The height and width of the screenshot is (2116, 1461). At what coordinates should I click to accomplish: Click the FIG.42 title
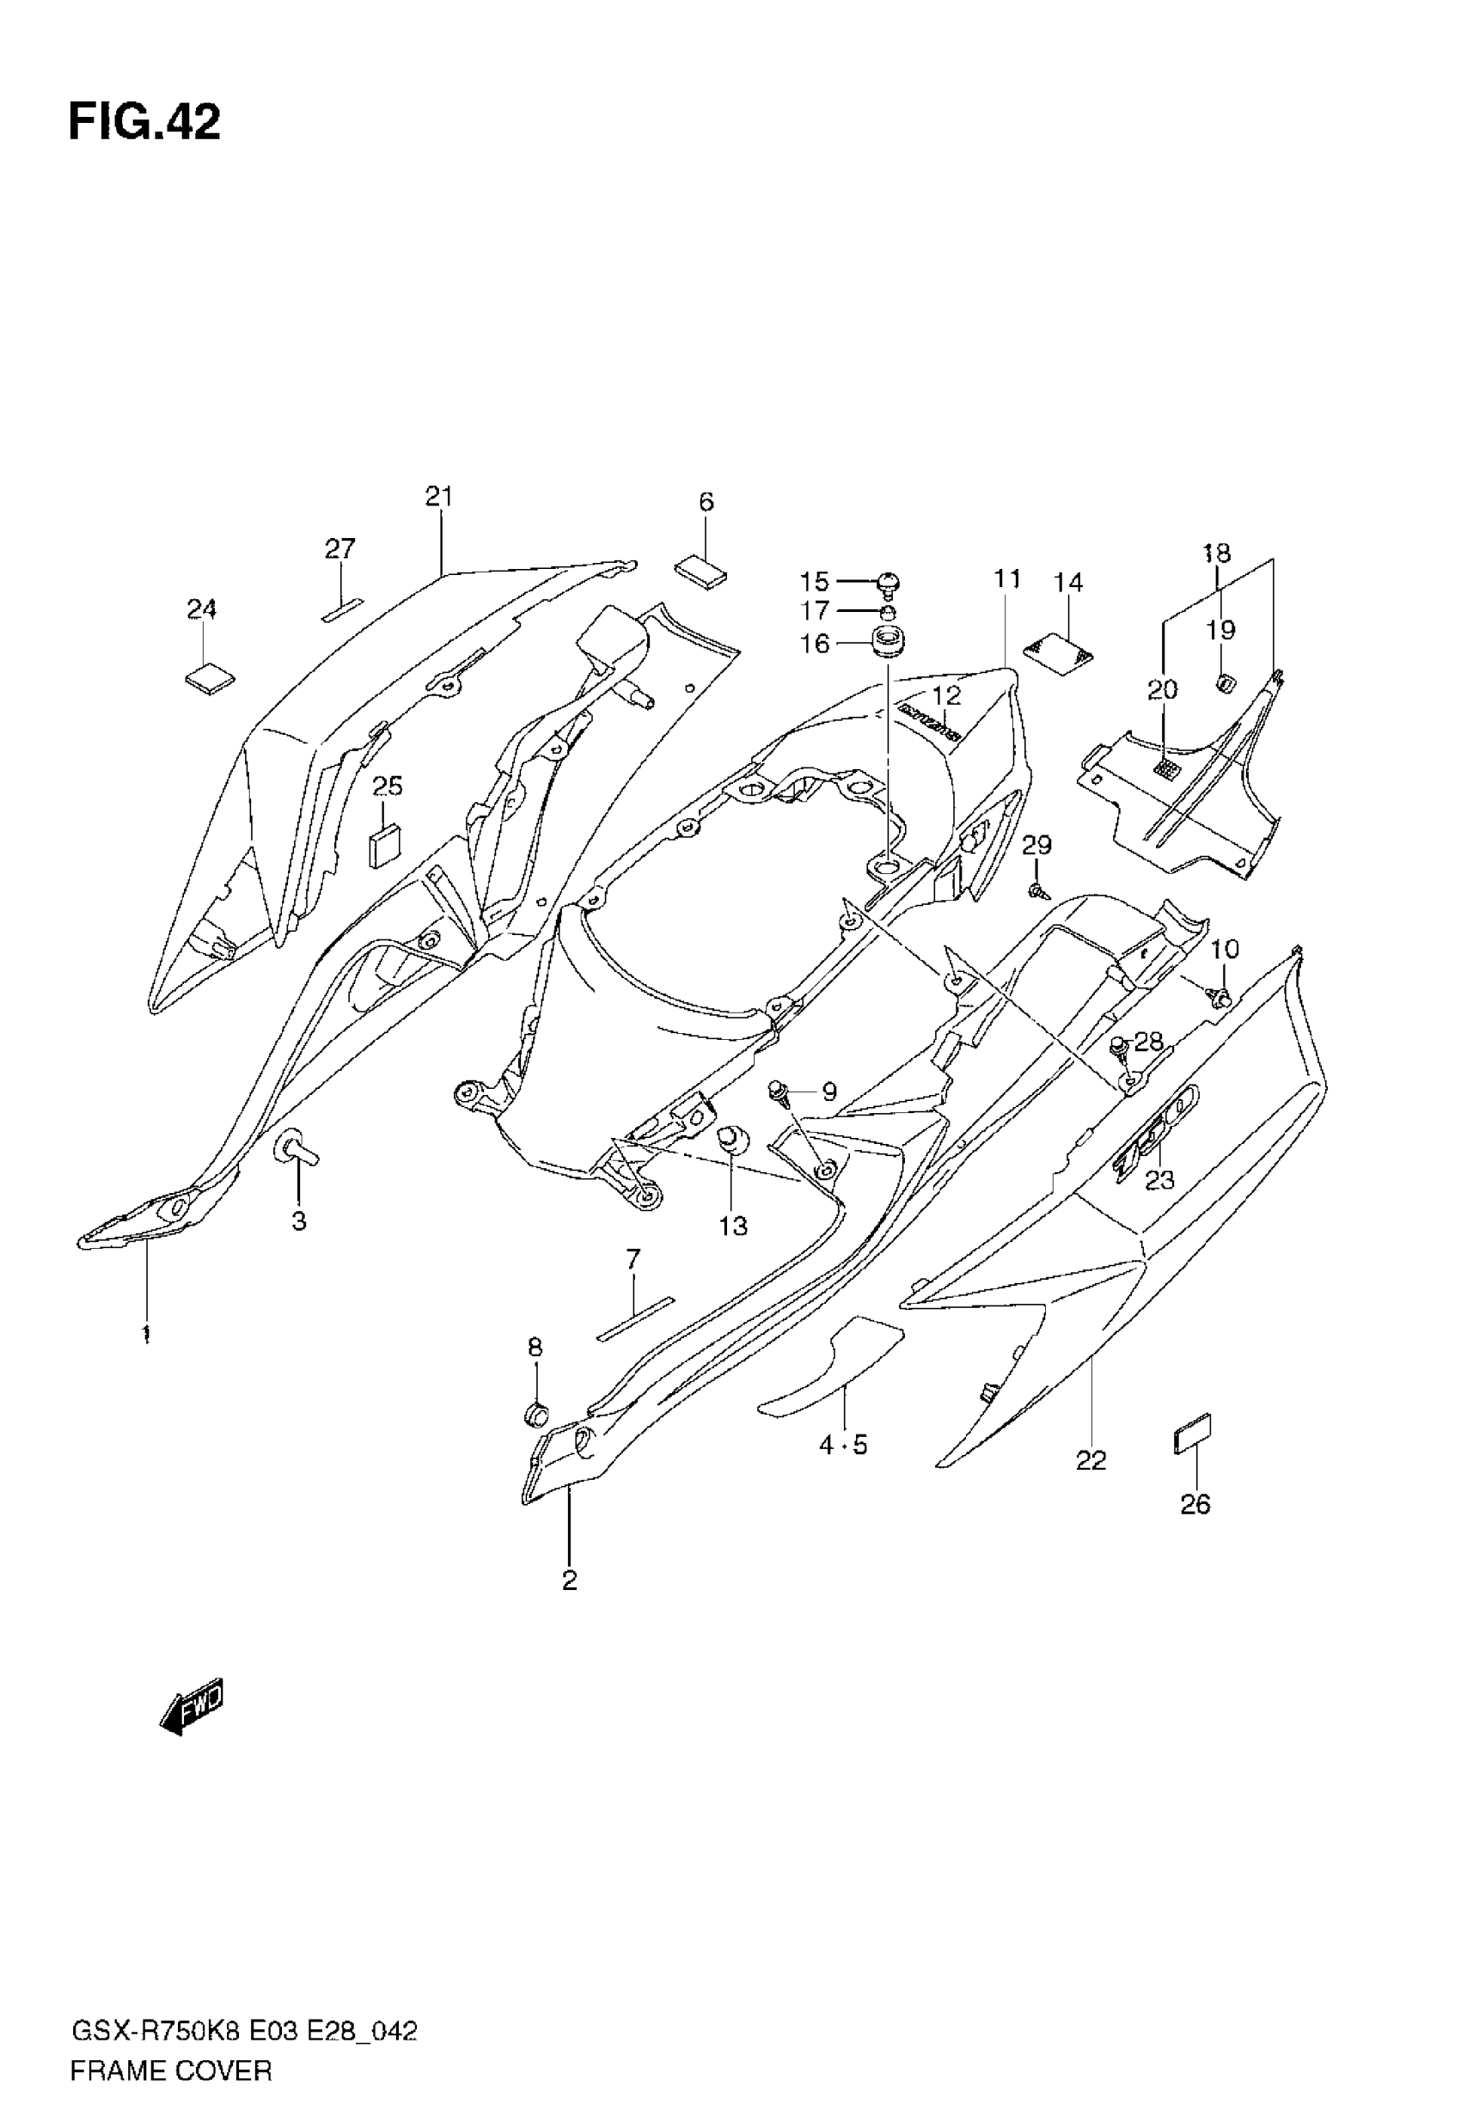pyautogui.click(x=144, y=123)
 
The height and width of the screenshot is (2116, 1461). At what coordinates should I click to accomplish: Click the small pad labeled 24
pyautogui.click(x=210, y=678)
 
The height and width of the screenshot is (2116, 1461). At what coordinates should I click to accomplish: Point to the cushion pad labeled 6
pyautogui.click(x=701, y=568)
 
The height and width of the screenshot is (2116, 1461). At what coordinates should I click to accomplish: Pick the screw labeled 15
pyautogui.click(x=888, y=581)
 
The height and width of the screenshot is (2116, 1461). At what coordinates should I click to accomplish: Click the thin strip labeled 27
pyautogui.click(x=342, y=610)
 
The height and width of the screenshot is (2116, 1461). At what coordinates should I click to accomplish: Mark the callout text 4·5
pyautogui.click(x=842, y=1445)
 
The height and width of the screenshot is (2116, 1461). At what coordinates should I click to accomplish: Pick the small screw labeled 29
pyautogui.click(x=1037, y=889)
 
